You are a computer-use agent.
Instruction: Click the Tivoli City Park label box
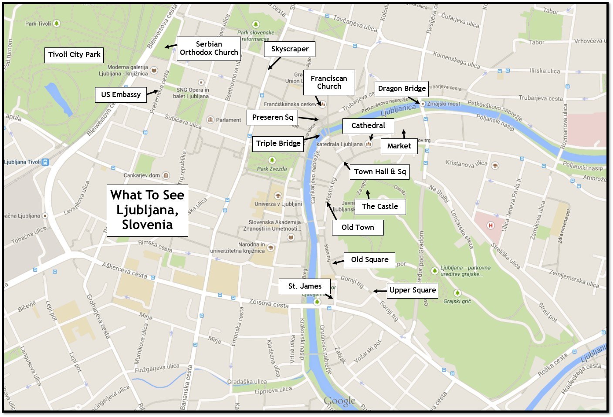tap(74, 55)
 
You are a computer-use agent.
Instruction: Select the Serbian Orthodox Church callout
tap(209, 48)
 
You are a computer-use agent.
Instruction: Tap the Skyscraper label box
tap(290, 49)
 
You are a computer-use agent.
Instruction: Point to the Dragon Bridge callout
tap(402, 89)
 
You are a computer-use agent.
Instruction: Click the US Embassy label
tap(121, 95)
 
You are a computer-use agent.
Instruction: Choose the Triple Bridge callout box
tap(278, 144)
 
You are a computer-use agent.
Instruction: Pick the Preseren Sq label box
tap(272, 118)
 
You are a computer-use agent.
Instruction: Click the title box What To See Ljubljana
tap(147, 210)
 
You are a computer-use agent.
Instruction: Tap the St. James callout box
tap(305, 286)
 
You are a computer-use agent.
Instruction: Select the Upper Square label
tap(412, 290)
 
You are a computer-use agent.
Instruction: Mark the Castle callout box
tap(380, 207)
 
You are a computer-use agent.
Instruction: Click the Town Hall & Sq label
tap(379, 172)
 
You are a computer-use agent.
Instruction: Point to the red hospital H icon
tap(491, 225)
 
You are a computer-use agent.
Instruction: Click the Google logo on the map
tap(339, 401)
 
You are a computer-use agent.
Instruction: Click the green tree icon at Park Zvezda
tap(272, 160)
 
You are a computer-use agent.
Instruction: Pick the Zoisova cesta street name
tap(268, 303)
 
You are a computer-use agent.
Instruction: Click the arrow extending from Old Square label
tap(339, 262)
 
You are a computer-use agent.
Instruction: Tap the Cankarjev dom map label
tap(142, 175)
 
